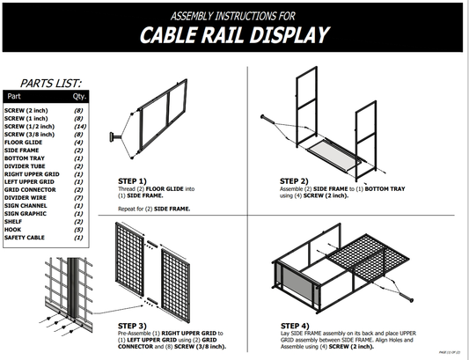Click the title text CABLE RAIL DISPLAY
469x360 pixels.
click(235, 35)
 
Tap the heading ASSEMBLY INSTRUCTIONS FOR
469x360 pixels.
click(234, 15)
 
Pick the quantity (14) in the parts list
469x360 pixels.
click(79, 127)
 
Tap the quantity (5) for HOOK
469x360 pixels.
click(79, 229)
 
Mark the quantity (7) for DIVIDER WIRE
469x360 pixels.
click(79, 197)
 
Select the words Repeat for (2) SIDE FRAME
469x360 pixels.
click(155, 209)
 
